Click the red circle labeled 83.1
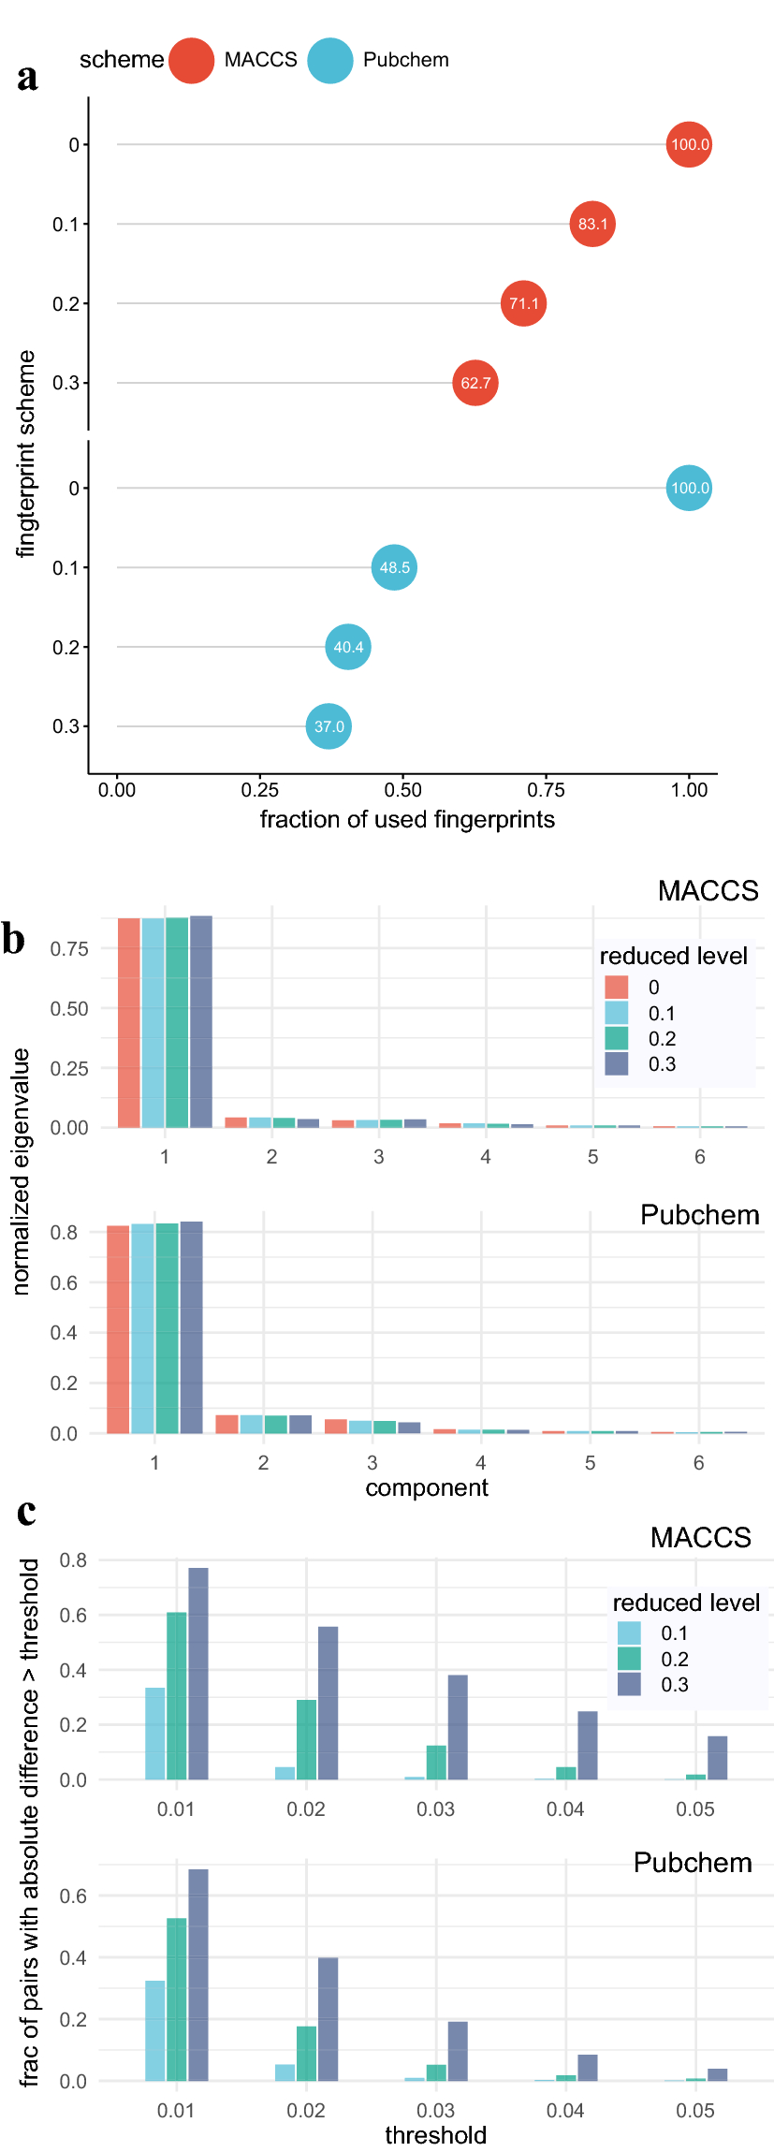592,224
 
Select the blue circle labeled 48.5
394,567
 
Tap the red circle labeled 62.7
475,383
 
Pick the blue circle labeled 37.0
329,726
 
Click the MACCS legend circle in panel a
192,61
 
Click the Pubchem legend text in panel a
405,60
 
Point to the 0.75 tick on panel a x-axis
546,790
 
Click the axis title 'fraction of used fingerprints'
407,820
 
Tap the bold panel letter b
14,939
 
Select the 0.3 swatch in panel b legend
616,1063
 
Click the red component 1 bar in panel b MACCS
129,1022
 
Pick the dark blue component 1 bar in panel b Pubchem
192,1326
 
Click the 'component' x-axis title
427,1487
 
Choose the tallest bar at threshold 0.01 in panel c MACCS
198,1673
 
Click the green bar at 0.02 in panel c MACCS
306,1739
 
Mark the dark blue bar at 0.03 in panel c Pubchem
458,2051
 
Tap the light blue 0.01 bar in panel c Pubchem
155,2030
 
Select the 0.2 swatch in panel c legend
629,1659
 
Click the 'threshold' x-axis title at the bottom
436,2135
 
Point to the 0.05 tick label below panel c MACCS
695,1808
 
